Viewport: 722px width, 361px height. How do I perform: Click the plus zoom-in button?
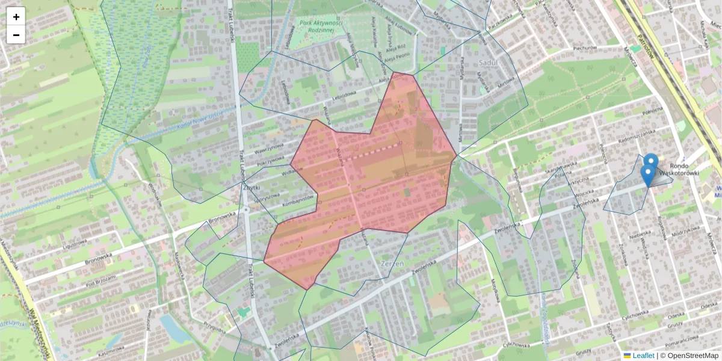16,17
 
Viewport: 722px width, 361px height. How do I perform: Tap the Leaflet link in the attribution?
643,356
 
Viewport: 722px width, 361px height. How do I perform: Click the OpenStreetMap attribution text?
692,356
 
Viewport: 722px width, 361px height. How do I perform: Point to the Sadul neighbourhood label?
486,62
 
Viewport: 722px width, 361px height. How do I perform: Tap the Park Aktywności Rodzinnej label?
320,27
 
